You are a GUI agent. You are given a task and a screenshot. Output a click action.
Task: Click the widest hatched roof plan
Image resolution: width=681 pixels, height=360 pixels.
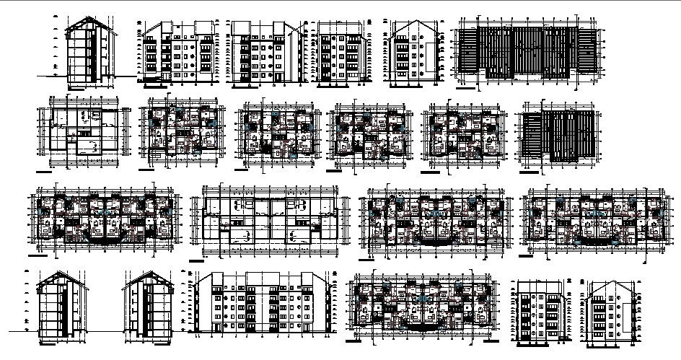click(x=526, y=53)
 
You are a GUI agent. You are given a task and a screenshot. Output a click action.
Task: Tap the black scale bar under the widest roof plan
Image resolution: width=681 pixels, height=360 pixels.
click(x=467, y=89)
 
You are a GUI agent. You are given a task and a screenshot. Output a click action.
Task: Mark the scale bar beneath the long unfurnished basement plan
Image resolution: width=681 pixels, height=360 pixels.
click(x=195, y=259)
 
